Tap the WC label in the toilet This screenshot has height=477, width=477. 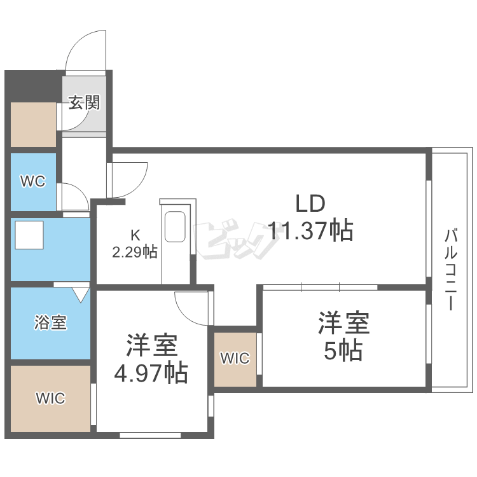pos(32,182)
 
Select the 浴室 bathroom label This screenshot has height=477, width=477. pos(50,322)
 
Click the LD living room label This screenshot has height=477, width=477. pos(310,204)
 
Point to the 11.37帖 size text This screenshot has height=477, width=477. pos(310,231)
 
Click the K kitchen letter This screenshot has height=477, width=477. pos(135,234)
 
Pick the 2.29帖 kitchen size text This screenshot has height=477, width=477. pos(135,252)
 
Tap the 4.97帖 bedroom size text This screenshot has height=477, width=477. pos(151,372)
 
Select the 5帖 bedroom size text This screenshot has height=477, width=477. pos(343,350)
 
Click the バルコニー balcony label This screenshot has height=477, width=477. pos(450,270)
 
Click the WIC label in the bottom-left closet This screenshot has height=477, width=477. pos(50,399)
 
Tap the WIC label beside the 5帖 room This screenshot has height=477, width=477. pos(235,358)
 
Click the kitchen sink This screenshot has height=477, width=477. pos(175,227)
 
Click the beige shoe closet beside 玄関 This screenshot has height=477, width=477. pos(33,123)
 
